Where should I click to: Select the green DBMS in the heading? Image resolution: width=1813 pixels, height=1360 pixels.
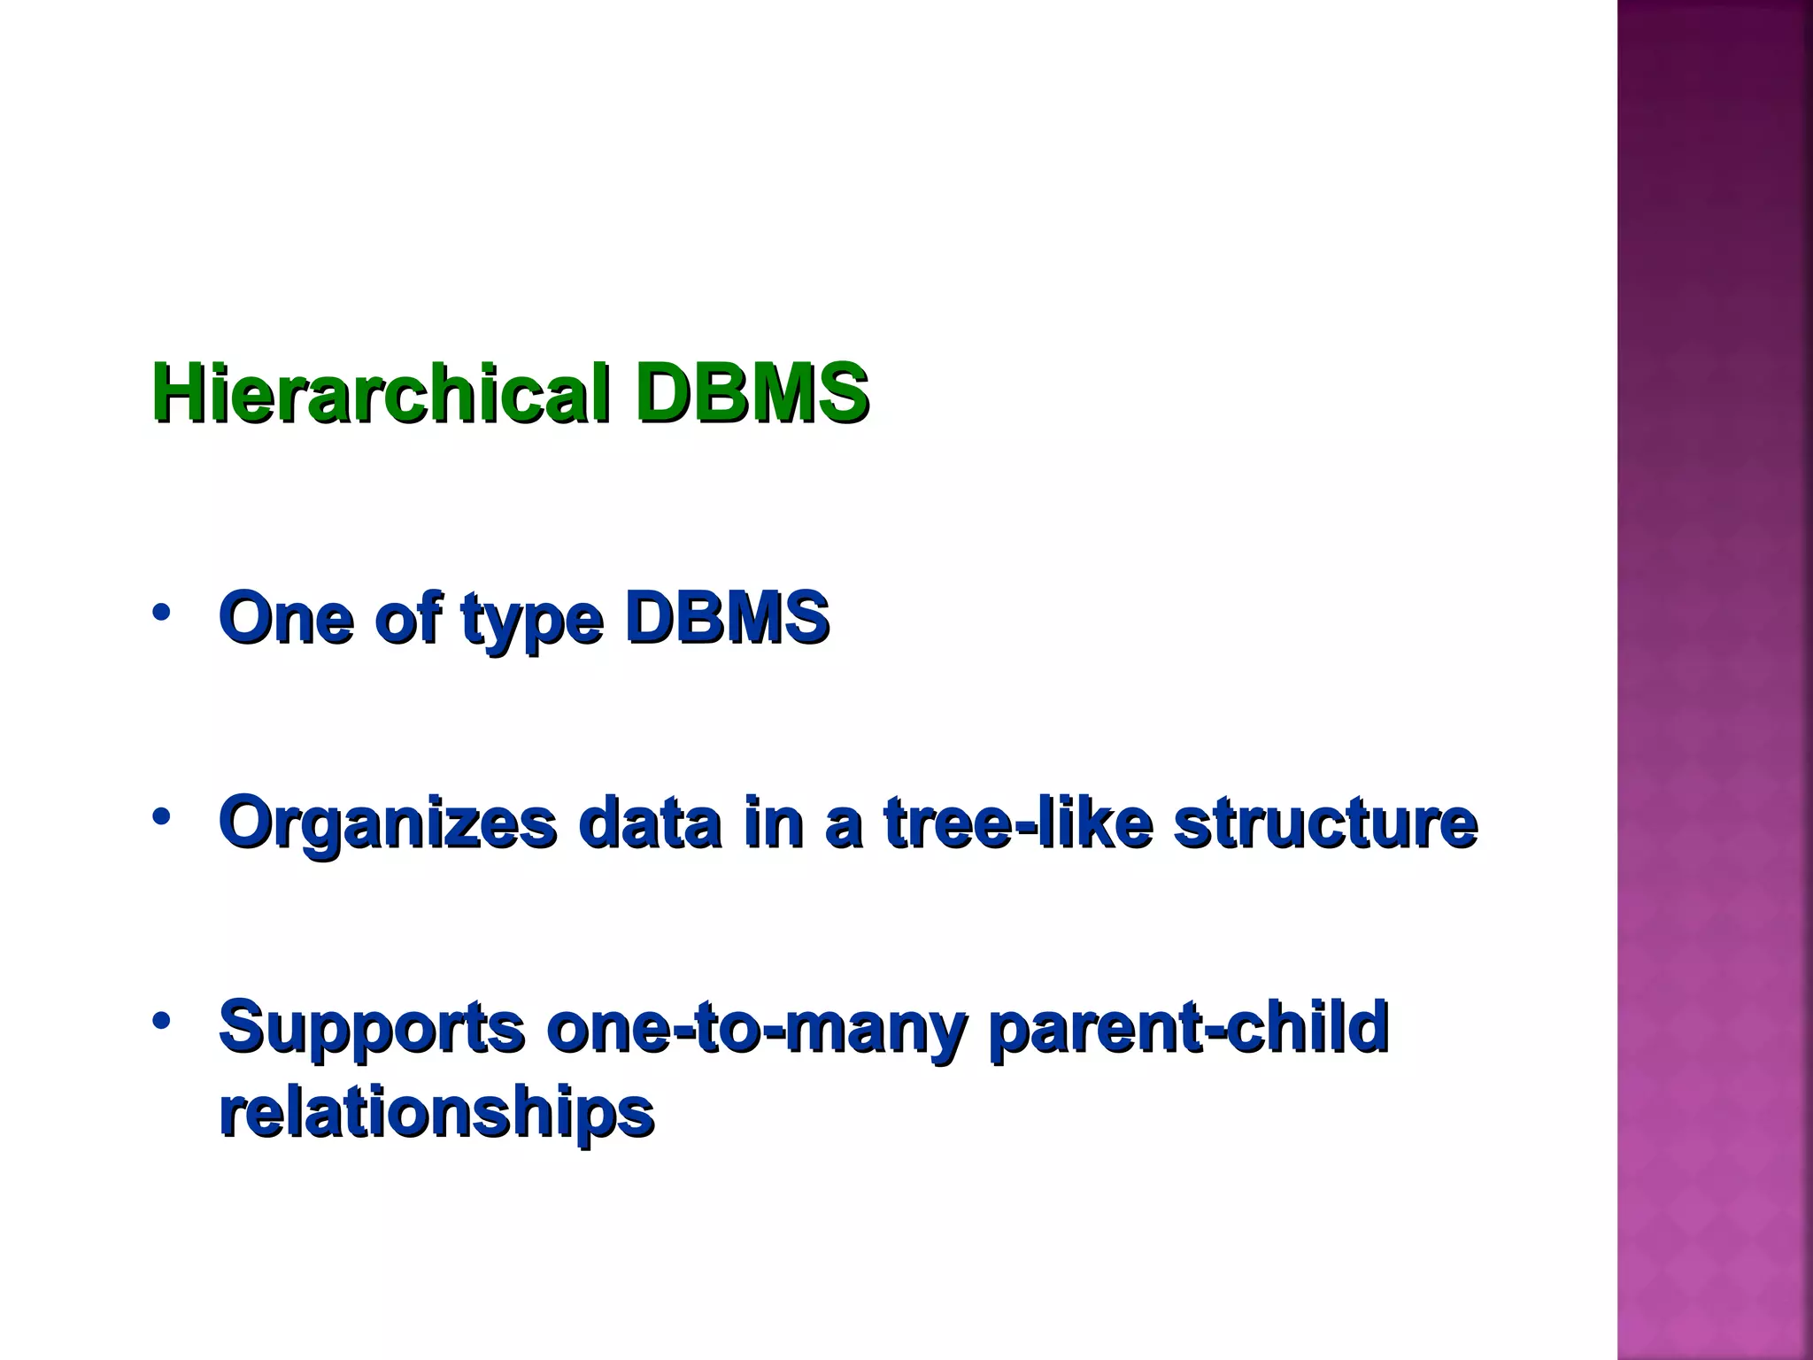tap(752, 392)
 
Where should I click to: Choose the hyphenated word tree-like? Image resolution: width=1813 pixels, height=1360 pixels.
tap(1019, 823)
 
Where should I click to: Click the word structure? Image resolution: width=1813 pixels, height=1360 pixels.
tap(1325, 823)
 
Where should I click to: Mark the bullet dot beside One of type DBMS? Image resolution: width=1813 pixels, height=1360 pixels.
tap(160, 613)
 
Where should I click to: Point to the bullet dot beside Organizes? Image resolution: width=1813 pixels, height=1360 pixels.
tap(160, 817)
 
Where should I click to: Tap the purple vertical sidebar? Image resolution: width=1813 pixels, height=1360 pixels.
tap(1715, 680)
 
